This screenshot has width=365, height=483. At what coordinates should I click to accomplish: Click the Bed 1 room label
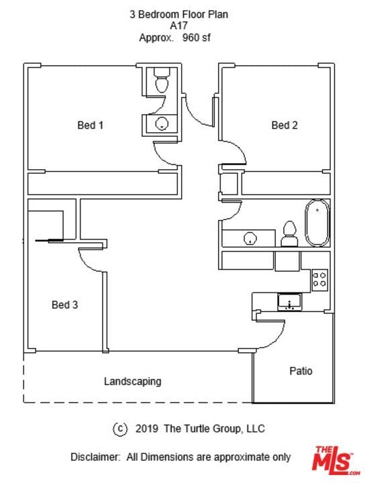pyautogui.click(x=91, y=125)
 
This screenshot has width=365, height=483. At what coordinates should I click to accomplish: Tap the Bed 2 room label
pyautogui.click(x=284, y=125)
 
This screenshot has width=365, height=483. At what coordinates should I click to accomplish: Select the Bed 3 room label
pyautogui.click(x=64, y=305)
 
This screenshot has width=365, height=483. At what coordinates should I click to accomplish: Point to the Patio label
pyautogui.click(x=301, y=371)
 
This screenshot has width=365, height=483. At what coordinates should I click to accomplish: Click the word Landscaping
pyautogui.click(x=132, y=382)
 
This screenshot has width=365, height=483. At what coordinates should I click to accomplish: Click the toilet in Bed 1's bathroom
pyautogui.click(x=162, y=80)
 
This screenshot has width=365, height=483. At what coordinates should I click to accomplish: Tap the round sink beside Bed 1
pyautogui.click(x=162, y=124)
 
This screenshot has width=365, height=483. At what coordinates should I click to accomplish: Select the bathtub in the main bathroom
pyautogui.click(x=317, y=223)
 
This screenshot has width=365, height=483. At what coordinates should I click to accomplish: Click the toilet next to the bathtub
pyautogui.click(x=290, y=234)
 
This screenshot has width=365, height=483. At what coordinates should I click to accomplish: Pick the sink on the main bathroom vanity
pyautogui.click(x=250, y=238)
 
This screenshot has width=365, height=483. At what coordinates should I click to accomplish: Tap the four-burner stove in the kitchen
pyautogui.click(x=319, y=279)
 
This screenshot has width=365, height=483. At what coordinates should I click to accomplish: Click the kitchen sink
pyautogui.click(x=290, y=302)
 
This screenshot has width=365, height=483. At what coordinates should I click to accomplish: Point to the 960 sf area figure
pyautogui.click(x=196, y=38)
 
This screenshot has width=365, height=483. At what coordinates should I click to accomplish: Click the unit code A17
pyautogui.click(x=178, y=25)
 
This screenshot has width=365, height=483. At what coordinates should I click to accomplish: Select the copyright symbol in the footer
pyautogui.click(x=120, y=429)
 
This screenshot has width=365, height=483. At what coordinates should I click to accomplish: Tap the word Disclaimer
pyautogui.click(x=95, y=457)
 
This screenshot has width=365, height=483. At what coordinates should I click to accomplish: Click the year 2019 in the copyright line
pyautogui.click(x=147, y=429)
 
